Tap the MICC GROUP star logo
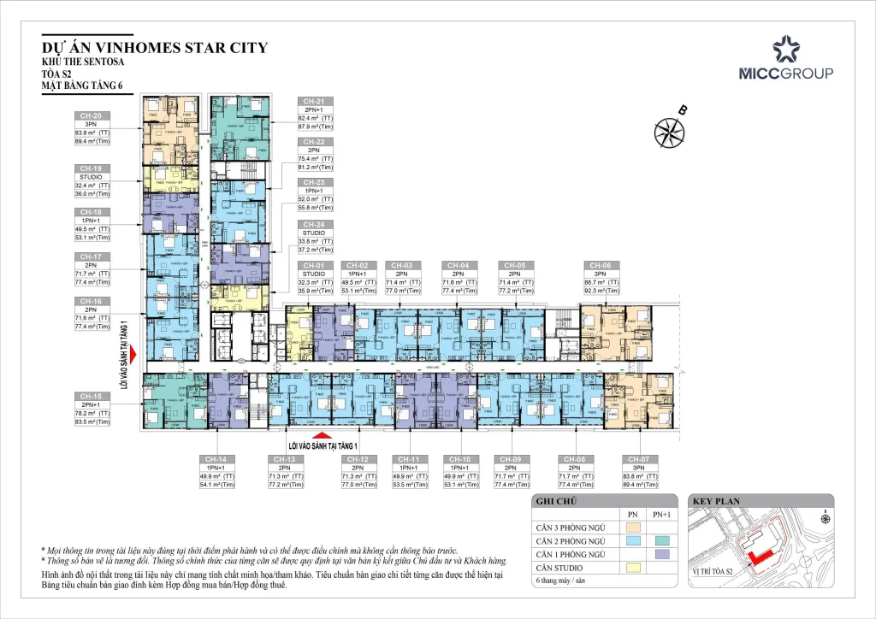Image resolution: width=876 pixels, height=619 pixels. coord(785,50)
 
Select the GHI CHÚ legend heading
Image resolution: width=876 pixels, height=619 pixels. coord(555,502)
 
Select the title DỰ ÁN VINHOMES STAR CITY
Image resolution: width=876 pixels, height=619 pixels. coord(154,48)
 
